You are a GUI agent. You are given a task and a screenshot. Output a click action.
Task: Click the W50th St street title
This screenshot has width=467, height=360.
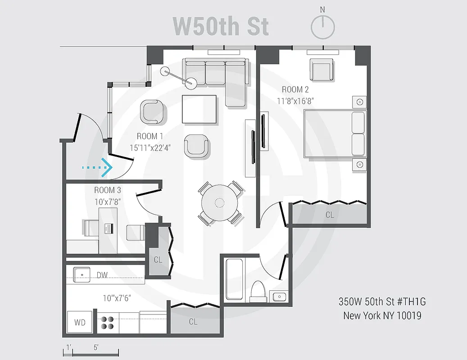pos(221,26)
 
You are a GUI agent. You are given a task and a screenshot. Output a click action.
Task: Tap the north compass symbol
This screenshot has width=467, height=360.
pos(322,27)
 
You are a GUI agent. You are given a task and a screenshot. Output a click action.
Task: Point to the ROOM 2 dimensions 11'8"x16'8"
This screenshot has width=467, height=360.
pos(295,101)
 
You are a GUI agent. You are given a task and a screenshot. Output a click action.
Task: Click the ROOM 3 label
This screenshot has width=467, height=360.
pos(108,190)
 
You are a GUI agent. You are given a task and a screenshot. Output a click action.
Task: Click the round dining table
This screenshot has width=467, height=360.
pos(220,203)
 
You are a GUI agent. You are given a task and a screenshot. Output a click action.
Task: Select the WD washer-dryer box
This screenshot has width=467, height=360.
pos(80,323)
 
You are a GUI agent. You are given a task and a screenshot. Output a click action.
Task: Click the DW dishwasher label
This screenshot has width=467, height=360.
pos(102,275)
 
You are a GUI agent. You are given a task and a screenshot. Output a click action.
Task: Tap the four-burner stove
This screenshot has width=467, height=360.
pos(107,322)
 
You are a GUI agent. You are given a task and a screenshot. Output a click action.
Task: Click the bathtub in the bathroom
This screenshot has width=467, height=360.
pos(235,279)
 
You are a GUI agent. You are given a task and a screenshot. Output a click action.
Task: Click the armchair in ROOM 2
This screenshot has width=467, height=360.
pos(322,70)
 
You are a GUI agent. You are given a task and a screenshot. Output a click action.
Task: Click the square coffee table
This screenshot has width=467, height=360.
pos(199,108)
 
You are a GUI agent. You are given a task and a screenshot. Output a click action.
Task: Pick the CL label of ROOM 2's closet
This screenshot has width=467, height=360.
pos(330,215)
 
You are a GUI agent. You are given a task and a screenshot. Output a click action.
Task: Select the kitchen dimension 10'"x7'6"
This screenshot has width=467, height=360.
pos(117,297)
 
